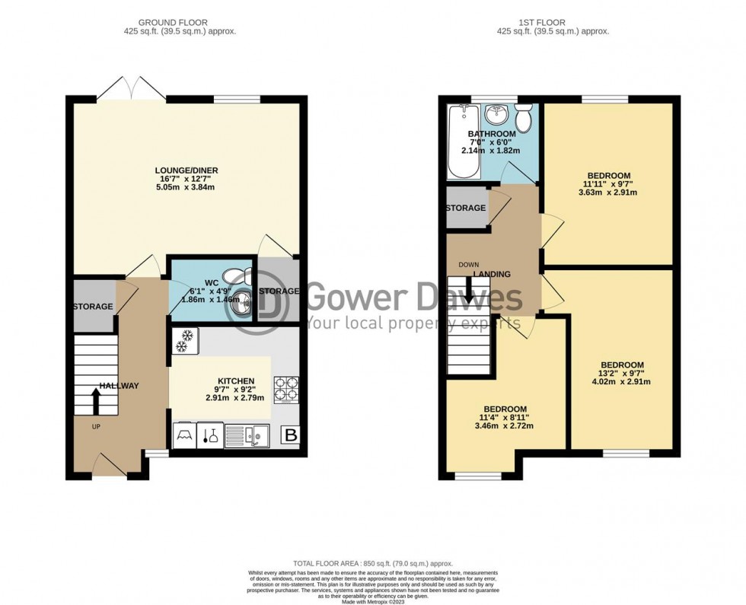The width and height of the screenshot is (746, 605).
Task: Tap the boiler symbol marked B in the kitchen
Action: [290, 435]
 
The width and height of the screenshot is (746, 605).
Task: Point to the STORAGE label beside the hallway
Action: [93, 307]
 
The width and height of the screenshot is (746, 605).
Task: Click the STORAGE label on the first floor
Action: [465, 208]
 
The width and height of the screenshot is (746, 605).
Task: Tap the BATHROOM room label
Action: [491, 135]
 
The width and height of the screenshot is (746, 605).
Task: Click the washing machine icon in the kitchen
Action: [185, 435]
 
